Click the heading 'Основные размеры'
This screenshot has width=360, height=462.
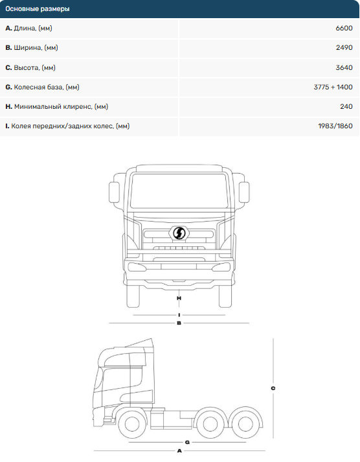(38, 9)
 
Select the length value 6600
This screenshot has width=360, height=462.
(344, 29)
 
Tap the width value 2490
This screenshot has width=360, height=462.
(344, 48)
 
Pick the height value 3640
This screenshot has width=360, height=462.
(344, 68)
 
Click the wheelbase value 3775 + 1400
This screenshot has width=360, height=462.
(333, 87)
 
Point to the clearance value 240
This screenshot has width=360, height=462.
(346, 107)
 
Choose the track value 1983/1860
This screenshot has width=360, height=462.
(335, 126)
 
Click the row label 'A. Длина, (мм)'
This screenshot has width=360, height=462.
(29, 29)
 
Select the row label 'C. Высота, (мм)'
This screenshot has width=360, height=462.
(30, 68)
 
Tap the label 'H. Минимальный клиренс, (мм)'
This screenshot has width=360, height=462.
(57, 107)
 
